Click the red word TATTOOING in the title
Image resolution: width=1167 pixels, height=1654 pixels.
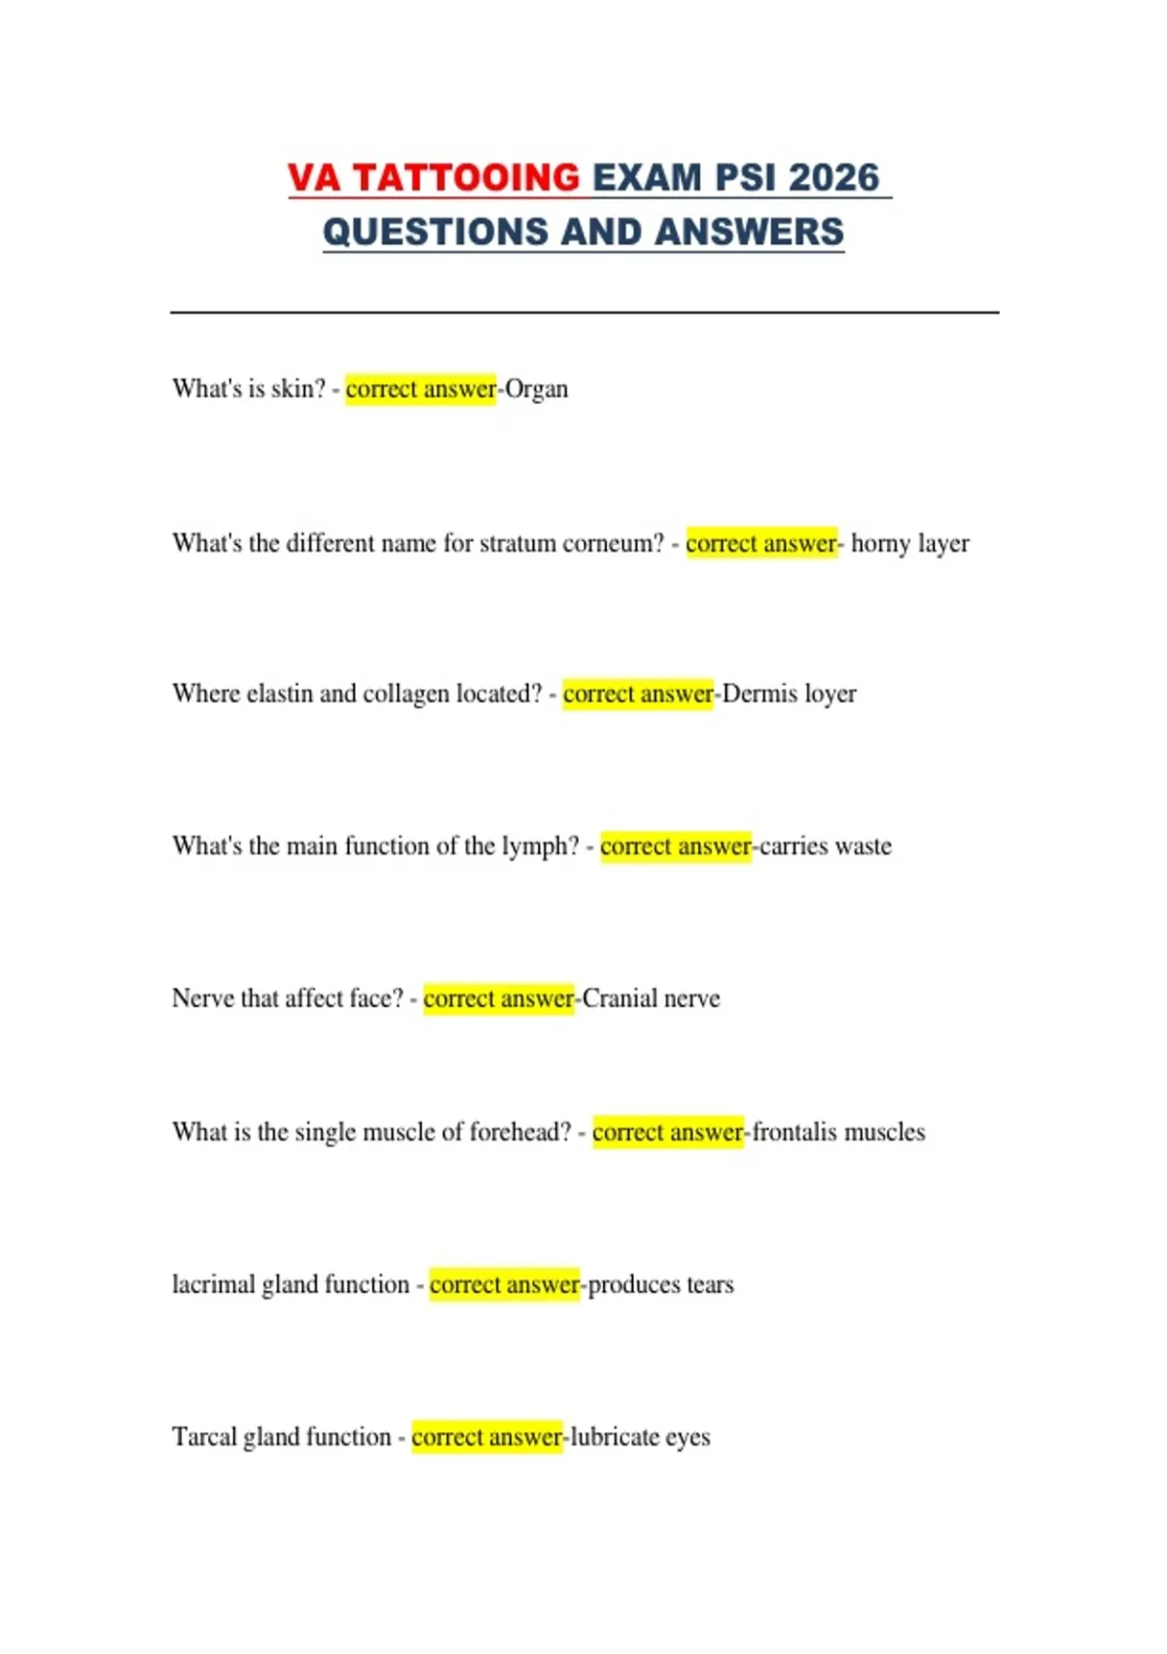466,178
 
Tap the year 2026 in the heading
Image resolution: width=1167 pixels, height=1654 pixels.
833,178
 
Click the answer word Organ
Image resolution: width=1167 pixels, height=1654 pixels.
537,389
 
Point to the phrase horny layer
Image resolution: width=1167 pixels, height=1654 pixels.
910,543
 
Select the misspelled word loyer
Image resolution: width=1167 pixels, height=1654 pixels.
831,694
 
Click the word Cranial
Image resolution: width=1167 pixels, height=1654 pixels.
617,998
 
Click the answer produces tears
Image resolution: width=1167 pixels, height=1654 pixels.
661,1284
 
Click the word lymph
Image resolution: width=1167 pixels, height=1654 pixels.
539,846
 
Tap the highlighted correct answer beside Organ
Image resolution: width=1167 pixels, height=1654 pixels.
420,389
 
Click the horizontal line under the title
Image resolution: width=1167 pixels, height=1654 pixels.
583,312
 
